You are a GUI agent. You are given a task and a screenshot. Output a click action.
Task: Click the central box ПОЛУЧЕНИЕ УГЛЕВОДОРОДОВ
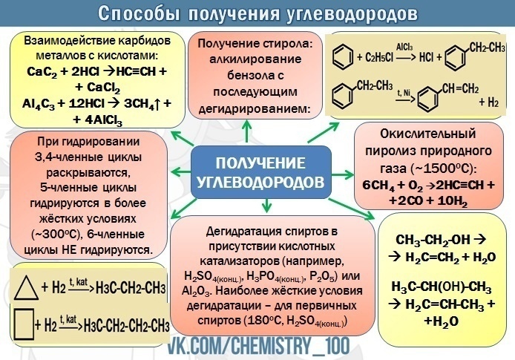[260, 172]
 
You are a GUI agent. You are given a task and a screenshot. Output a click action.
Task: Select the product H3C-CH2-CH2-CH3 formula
[128, 325]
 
